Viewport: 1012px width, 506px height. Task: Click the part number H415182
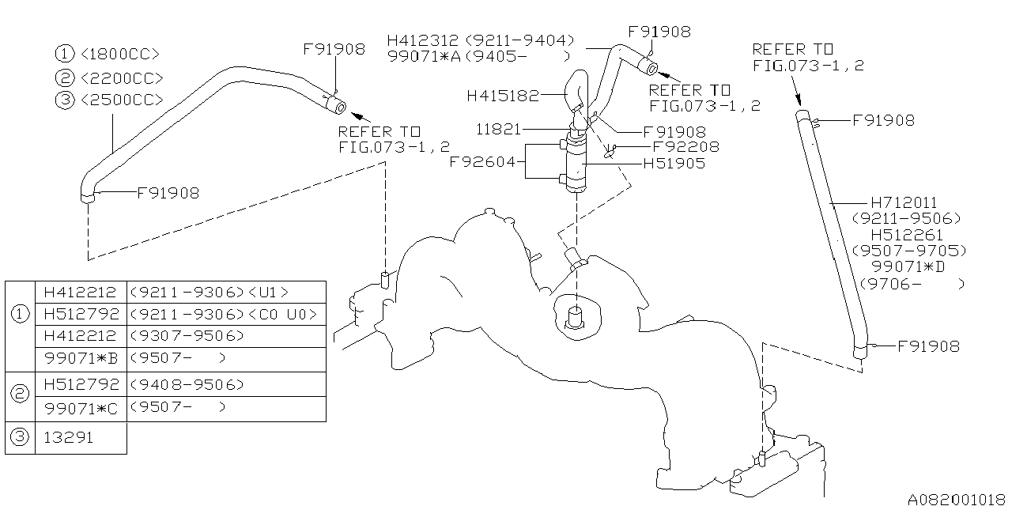502,96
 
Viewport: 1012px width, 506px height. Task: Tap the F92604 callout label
483,162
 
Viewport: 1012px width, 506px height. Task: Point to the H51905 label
674,164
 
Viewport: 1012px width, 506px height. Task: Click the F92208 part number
685,147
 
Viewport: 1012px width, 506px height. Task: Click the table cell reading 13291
68,438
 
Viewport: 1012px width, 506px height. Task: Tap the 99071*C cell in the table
81,408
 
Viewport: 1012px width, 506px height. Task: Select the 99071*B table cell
81,358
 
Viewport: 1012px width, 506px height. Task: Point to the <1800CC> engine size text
120,54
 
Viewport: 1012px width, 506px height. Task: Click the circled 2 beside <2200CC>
65,77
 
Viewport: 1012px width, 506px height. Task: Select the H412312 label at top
424,40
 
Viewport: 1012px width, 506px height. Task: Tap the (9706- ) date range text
912,283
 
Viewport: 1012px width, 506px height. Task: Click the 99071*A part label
424,56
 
